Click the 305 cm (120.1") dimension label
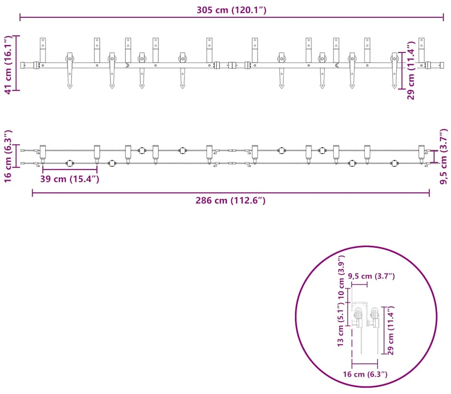pyautogui.click(x=231, y=10)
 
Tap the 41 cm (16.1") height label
pyautogui.click(x=8, y=64)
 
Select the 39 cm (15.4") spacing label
pyautogui.click(x=69, y=179)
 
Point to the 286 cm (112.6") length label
pyautogui.click(x=230, y=200)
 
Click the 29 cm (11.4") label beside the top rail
pyautogui.click(x=411, y=70)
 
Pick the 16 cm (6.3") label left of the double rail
pyautogui.click(x=8, y=156)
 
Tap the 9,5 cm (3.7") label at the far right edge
pyautogui.click(x=444, y=157)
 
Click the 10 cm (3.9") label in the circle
pyautogui.click(x=341, y=277)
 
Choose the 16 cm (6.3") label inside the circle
pyautogui.click(x=365, y=374)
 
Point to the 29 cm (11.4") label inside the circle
pyautogui.click(x=390, y=331)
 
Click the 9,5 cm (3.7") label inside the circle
pyautogui.click(x=371, y=276)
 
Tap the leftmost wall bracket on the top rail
pyautogui.click(x=43, y=50)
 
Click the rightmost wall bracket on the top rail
pyautogui.click(x=421, y=50)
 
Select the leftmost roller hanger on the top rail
pyautogui.click(x=69, y=70)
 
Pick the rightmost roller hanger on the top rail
pyautogui.click(x=394, y=70)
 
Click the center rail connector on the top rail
pyautogui.click(x=232, y=65)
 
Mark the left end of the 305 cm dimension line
pyautogui.click(x=20, y=17)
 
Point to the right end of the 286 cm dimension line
pyautogui.click(x=429, y=193)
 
